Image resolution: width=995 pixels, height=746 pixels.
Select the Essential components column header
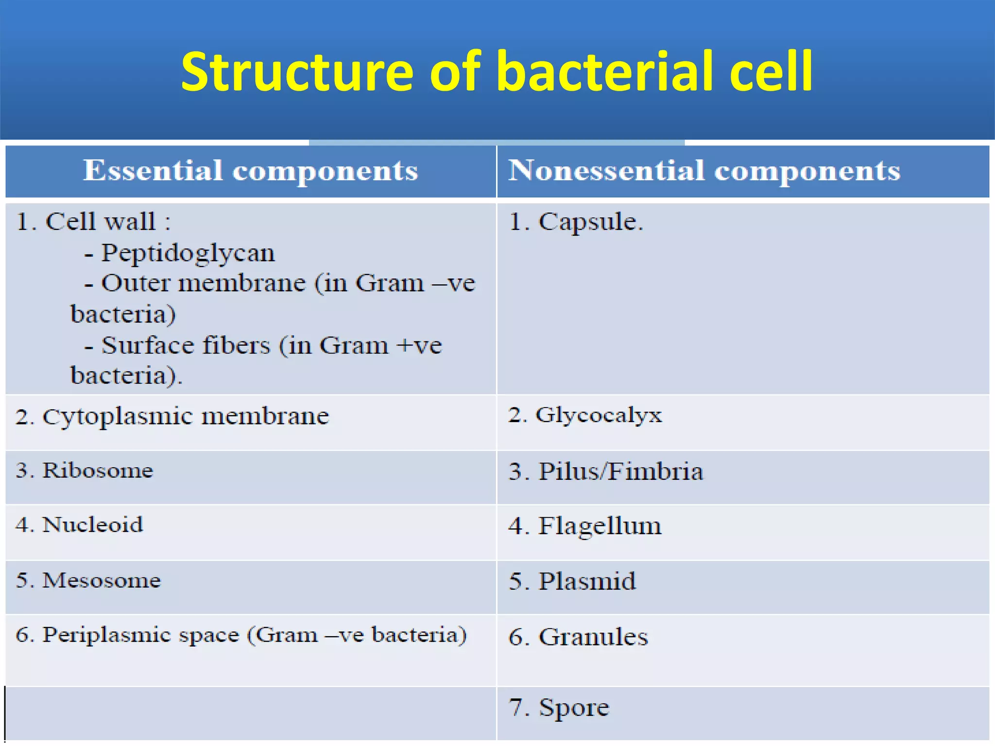[250, 171]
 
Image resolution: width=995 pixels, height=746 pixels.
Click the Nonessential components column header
[704, 171]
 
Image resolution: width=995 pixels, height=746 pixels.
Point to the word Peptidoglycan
[188, 253]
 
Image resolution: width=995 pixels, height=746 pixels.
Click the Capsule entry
[590, 222]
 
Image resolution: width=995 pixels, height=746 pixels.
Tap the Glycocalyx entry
[598, 415]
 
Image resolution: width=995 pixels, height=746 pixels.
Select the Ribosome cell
[97, 471]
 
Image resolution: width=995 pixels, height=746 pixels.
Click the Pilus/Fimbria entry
[620, 472]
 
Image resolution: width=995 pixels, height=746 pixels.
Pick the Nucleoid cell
[92, 525]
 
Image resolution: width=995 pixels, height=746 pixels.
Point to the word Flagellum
[600, 526]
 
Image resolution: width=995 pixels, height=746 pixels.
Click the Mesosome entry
[101, 580]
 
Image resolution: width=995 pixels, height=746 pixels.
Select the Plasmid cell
[587, 581]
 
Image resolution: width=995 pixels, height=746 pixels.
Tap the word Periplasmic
[141, 635]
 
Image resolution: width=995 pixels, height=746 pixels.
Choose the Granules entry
[593, 637]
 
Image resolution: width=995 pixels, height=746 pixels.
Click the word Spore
[573, 708]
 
